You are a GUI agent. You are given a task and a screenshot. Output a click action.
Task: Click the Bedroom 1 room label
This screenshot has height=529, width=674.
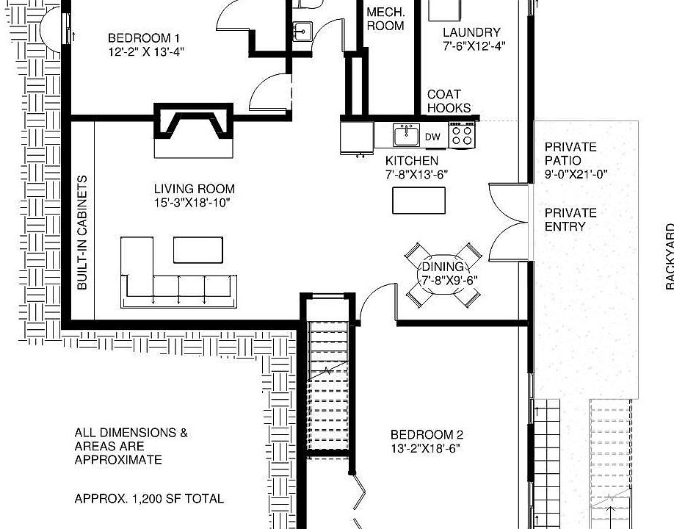[x=144, y=38]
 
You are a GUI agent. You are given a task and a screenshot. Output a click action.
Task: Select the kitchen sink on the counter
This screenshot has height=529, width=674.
[x=405, y=136]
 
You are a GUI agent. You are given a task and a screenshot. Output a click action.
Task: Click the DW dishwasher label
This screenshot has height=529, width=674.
[x=433, y=137]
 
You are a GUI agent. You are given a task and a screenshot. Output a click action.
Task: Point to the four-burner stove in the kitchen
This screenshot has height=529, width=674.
[x=463, y=136]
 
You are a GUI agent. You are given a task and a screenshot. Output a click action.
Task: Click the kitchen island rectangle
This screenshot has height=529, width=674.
[x=418, y=200]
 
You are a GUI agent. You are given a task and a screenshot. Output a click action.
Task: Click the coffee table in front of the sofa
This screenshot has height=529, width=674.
[x=198, y=249]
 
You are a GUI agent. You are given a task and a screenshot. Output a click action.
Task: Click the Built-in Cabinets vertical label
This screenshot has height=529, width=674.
[x=82, y=231]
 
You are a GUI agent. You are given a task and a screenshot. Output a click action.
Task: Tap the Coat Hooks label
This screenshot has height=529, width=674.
[x=449, y=101]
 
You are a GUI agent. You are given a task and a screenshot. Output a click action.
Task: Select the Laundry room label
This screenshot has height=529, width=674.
[x=471, y=32]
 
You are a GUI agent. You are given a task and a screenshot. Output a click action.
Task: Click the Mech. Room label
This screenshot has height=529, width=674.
[x=385, y=19]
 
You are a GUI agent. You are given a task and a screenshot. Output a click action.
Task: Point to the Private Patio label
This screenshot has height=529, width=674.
[x=570, y=154]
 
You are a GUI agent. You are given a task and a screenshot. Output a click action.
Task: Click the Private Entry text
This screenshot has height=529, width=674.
[x=570, y=220]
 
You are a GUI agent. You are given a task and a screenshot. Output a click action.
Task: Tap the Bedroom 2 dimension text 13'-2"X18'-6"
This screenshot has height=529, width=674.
[x=427, y=447]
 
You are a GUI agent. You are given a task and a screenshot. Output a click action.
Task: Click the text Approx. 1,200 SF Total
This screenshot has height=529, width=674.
[x=149, y=498]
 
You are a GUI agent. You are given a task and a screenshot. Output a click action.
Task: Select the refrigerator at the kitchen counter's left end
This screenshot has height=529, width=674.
[x=358, y=137]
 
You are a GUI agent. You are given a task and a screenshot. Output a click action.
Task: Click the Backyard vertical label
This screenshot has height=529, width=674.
[x=670, y=257]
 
